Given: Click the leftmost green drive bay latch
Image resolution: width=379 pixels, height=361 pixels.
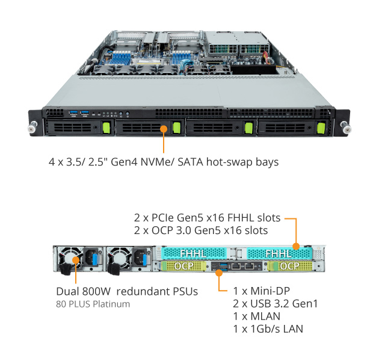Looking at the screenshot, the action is (106, 128).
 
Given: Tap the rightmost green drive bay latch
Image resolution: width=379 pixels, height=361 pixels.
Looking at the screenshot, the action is (321, 128).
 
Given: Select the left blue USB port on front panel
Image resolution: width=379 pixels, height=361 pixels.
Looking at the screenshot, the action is (73, 113).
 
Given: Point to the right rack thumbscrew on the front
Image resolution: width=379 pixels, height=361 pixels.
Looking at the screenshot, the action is (346, 127).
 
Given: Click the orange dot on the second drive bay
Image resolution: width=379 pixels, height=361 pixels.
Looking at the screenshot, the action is (164, 129).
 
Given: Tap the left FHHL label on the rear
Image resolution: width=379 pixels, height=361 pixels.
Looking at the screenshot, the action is (193, 254).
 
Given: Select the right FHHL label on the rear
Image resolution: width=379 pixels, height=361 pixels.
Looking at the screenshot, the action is (279, 254).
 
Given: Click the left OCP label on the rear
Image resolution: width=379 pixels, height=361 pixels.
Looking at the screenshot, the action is (184, 266).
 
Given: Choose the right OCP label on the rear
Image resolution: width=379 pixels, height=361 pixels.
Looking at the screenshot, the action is (289, 266).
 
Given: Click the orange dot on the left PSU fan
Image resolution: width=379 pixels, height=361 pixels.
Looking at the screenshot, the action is (76, 260).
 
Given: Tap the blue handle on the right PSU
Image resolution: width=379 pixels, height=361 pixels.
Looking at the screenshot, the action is (145, 260).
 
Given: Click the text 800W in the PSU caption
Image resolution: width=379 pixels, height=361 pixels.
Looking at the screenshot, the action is (96, 292).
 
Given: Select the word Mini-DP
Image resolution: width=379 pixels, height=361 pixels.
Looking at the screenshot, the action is (270, 291).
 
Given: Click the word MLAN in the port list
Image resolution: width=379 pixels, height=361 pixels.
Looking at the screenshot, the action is (265, 316).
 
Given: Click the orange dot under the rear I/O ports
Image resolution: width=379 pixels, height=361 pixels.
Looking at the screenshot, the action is (219, 273).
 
